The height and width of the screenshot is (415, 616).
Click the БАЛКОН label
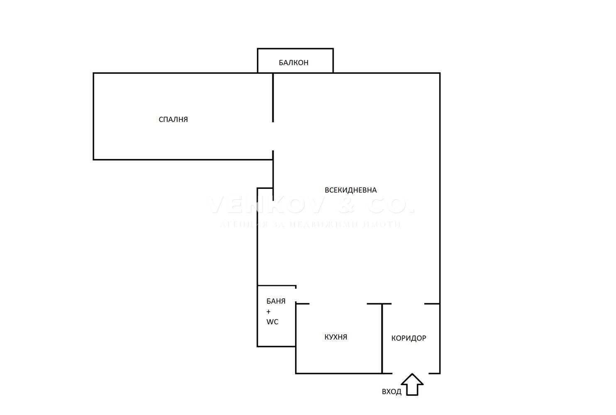293,63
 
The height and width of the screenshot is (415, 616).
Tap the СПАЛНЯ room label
174,120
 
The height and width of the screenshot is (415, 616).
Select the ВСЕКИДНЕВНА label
351,190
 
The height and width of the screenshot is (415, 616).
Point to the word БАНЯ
276,301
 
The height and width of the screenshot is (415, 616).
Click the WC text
272,322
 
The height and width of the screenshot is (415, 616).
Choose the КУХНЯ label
336,337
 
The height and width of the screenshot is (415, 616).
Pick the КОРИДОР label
409,338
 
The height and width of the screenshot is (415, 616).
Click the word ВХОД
391,391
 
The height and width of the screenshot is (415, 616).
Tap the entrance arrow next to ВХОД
412,385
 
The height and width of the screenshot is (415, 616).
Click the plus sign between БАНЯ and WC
269,312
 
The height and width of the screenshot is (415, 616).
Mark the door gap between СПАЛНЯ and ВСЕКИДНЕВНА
273,136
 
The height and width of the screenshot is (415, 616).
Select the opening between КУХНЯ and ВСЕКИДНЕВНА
338,304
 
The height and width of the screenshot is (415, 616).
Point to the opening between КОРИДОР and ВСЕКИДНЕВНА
408,304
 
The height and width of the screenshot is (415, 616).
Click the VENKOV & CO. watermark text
310,205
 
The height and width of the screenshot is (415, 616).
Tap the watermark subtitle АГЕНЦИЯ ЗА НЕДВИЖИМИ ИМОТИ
310,225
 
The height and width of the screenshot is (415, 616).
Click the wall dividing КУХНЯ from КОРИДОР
382,338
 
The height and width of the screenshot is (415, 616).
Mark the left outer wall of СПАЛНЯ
93,116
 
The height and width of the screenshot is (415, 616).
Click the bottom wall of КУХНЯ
338,373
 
